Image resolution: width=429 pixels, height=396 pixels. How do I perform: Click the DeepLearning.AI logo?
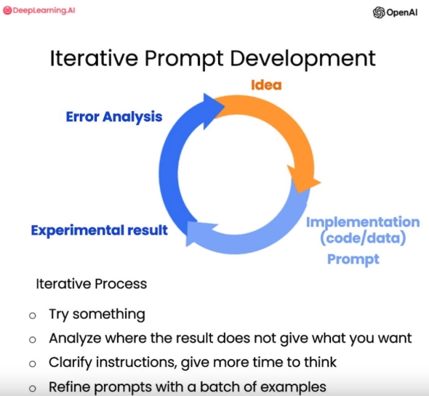pyautogui.click(x=39, y=10)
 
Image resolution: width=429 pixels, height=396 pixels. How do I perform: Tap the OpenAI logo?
pyautogui.click(x=395, y=12)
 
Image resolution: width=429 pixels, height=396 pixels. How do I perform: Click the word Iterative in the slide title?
pyautogui.click(x=94, y=58)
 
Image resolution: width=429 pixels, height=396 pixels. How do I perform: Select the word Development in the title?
pyautogui.click(x=303, y=59)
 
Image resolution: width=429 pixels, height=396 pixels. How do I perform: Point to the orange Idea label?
pyautogui.click(x=266, y=85)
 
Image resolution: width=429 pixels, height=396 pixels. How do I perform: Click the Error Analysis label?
pyautogui.click(x=114, y=117)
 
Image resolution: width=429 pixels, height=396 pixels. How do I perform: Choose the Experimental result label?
pyautogui.click(x=100, y=230)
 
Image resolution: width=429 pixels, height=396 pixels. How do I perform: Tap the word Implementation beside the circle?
pyautogui.click(x=363, y=222)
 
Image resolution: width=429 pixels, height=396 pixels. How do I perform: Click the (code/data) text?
pyautogui.click(x=363, y=238)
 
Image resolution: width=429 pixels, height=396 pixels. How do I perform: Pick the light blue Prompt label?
pyautogui.click(x=353, y=259)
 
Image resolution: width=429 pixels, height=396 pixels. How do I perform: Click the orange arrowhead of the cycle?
pyautogui.click(x=303, y=179)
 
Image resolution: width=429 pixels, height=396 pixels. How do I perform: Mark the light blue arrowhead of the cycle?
pyautogui.click(x=200, y=233)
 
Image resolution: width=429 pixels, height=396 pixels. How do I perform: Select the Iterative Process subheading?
pyautogui.click(x=92, y=284)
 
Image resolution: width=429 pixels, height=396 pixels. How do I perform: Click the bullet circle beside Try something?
pyautogui.click(x=33, y=315)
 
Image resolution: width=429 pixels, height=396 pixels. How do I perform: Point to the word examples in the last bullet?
pyautogui.click(x=293, y=387)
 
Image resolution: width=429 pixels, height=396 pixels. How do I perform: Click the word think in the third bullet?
pyautogui.click(x=320, y=362)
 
